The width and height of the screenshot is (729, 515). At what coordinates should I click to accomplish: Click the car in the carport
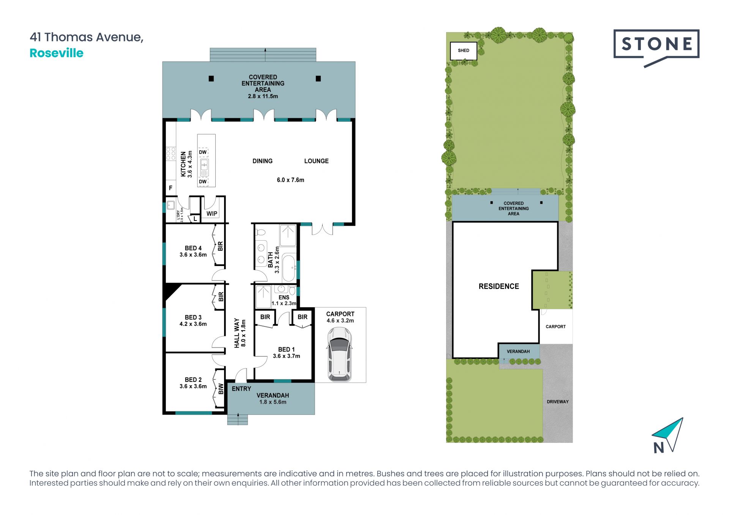pos(339,354)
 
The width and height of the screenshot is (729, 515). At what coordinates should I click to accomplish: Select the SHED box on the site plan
pos(463,51)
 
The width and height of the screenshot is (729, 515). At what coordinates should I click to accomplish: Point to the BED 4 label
pos(193,248)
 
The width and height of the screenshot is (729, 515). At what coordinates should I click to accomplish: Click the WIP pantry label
pos(212,214)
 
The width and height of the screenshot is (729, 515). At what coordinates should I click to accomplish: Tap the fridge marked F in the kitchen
pos(170,188)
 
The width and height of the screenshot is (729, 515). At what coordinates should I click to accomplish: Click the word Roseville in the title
pos(57,53)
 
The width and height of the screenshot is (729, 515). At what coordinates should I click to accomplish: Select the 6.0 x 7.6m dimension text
pos(290,180)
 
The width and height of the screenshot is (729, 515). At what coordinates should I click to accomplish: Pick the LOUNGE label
pos(316,161)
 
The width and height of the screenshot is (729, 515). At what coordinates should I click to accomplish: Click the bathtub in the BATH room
pos(289,268)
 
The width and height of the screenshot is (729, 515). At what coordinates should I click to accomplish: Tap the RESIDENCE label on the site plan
pos(499,287)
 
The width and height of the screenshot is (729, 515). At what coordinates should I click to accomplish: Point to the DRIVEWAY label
pos(557,402)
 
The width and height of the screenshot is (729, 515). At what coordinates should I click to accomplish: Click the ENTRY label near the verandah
pos(241,389)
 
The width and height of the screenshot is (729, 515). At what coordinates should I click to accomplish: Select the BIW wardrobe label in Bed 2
pos(221,389)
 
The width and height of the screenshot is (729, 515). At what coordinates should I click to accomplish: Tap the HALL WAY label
pos(237,333)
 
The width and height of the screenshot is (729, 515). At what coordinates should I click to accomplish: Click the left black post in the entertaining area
pos(211,79)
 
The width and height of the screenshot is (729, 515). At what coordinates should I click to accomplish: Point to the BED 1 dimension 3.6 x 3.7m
pos(286,356)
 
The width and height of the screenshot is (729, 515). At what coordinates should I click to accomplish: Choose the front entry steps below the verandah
pos(238,419)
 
